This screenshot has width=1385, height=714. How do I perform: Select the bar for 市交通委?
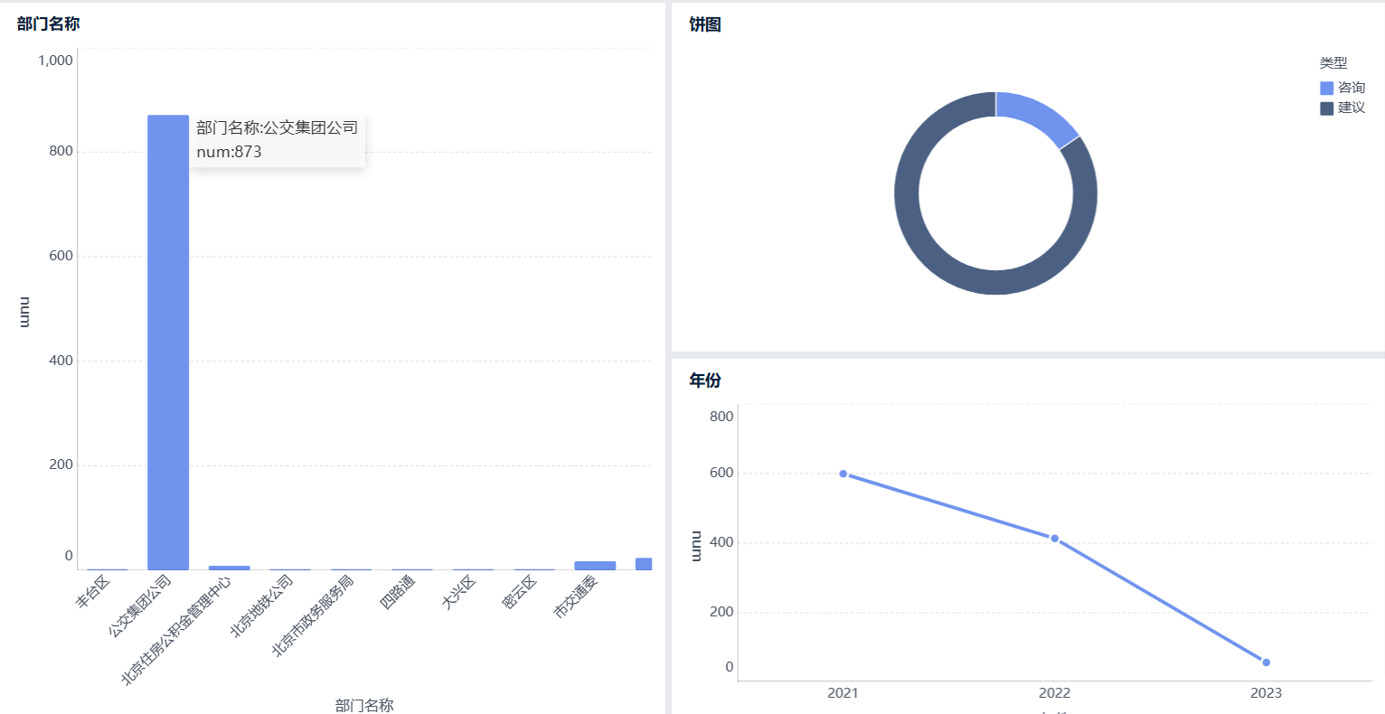coord(595,565)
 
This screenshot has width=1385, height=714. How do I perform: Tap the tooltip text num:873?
coord(229,152)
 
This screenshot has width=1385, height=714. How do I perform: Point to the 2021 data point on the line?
coord(843,474)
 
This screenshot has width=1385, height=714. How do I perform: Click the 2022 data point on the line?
coord(1054,539)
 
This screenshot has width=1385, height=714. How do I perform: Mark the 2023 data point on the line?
coord(1266,662)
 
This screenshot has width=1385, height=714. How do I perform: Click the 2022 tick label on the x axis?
coord(1054,693)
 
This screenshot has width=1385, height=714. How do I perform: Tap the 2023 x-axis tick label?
coord(1266,693)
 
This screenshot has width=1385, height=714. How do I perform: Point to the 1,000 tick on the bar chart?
coord(55,61)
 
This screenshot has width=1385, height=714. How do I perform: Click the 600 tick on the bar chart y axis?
coord(61,256)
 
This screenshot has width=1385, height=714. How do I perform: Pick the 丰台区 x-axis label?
coord(93,592)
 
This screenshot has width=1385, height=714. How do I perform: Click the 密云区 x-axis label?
coord(520,592)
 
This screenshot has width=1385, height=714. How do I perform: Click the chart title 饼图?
coord(705,24)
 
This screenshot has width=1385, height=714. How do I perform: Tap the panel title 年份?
coord(705,380)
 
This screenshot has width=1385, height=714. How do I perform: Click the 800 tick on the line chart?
coord(721,417)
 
